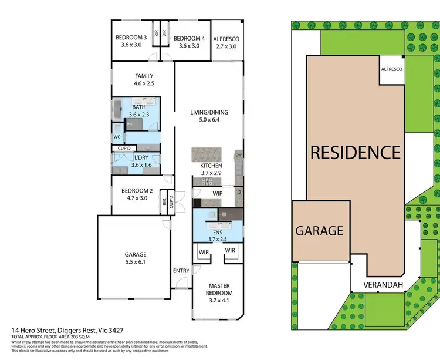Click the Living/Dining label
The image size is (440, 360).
(208, 116)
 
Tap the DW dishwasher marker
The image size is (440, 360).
(238, 155)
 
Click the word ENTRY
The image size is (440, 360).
(181, 271)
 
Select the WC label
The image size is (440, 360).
(117, 138)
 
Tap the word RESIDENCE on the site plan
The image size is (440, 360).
(355, 153)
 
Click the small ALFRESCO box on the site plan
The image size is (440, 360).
(391, 69)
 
